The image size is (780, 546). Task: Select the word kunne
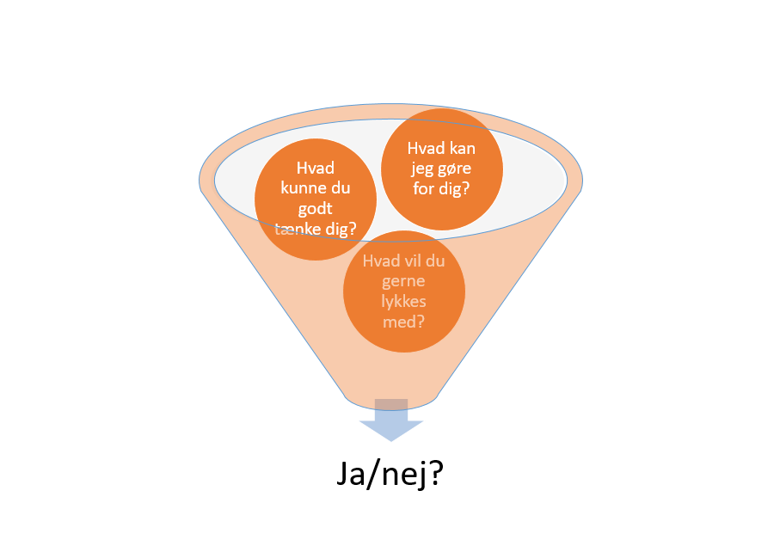coord(300,189)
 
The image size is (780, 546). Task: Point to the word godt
coord(315,209)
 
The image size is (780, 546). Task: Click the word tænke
coord(297,230)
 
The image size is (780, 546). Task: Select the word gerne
coord(403,283)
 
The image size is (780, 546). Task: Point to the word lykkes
coord(403,303)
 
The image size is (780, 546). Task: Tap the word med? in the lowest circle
coord(403,322)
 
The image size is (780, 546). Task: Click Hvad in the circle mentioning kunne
coord(315,169)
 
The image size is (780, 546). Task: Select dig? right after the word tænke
coord(338,230)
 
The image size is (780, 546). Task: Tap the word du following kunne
coord(340,189)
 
